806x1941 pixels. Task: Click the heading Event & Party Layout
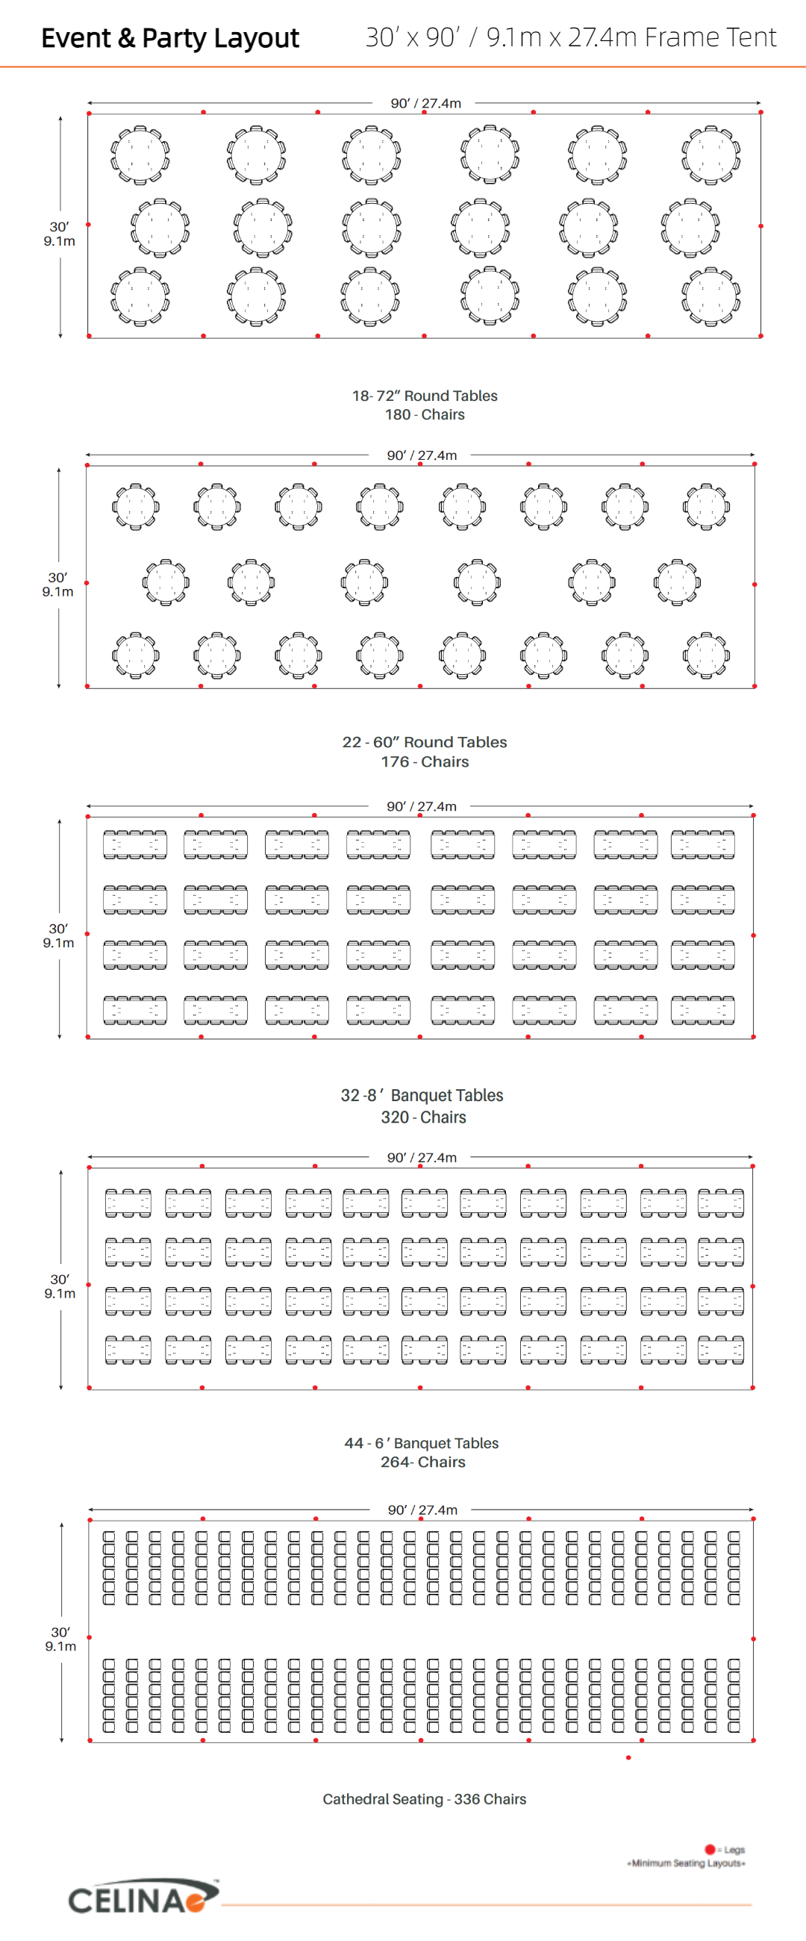[x=169, y=37]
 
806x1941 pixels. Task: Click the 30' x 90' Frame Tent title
[x=571, y=37]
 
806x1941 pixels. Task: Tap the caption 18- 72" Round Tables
[x=425, y=396]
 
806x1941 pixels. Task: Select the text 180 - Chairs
[x=425, y=414]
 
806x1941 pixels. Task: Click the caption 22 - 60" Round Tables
[x=425, y=742]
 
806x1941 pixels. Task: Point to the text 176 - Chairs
[x=425, y=761]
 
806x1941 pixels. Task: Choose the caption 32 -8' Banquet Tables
[x=422, y=1096]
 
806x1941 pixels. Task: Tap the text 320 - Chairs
[x=423, y=1118]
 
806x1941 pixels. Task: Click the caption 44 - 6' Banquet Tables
[x=422, y=1443]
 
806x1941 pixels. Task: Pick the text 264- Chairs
[x=422, y=1462]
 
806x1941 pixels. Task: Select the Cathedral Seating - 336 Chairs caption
[x=424, y=1799]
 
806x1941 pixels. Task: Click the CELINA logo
[x=143, y=1897]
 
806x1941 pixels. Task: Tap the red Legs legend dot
[x=710, y=1849]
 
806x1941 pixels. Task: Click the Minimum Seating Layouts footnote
[x=687, y=1863]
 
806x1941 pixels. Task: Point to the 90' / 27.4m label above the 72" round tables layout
[x=425, y=103]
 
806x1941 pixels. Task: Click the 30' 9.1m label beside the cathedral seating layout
[x=60, y=1639]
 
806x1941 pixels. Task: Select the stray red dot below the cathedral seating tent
[x=628, y=1758]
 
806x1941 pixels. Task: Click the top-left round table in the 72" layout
[x=140, y=155]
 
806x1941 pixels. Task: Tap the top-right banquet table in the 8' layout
[x=703, y=844]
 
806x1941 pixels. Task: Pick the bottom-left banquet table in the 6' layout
[x=128, y=1350]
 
